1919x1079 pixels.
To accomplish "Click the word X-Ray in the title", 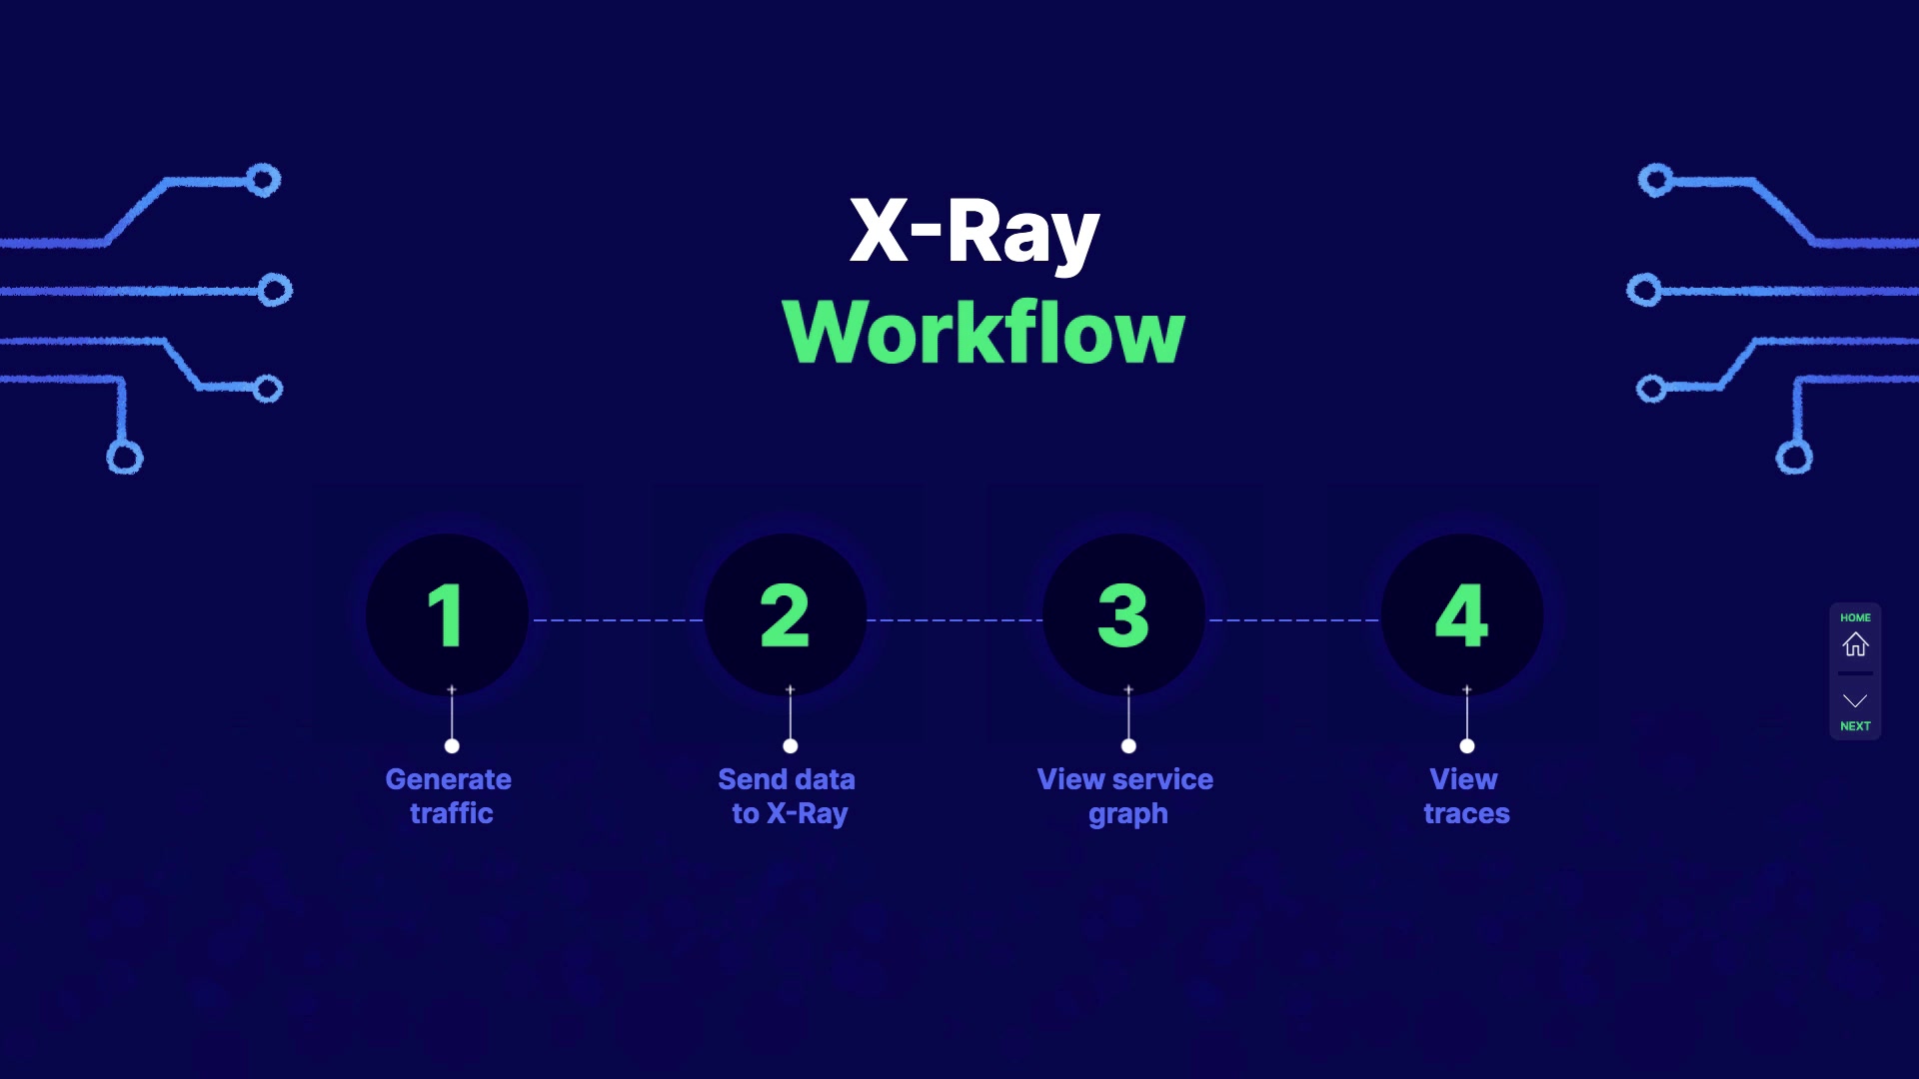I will click(974, 232).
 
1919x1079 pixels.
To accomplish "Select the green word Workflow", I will click(983, 332).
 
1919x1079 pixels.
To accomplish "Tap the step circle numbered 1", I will click(447, 614).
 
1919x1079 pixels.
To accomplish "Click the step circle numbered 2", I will click(786, 614).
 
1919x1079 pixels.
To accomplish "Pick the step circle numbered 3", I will click(1123, 614).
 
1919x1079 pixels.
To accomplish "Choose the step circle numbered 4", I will click(1462, 614).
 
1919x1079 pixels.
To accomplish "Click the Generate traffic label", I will click(450, 796).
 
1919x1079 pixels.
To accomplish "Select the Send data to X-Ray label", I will click(788, 796).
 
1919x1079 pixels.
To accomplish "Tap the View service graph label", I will click(1126, 796).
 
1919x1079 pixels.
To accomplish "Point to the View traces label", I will click(1465, 796).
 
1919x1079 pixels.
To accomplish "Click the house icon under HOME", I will click(1855, 645).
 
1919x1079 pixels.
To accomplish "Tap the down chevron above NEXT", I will click(1855, 700).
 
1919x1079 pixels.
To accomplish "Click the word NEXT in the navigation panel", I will click(1855, 726).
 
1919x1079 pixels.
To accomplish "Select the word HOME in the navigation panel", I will click(1855, 617).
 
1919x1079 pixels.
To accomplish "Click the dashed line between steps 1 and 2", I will click(617, 620).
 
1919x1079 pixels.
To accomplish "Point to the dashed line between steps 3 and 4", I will click(1293, 620).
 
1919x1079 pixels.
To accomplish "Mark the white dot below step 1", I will click(452, 746).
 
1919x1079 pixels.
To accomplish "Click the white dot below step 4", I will click(1467, 746).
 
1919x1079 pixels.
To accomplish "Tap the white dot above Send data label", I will click(791, 746).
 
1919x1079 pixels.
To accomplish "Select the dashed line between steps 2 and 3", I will click(955, 620).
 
